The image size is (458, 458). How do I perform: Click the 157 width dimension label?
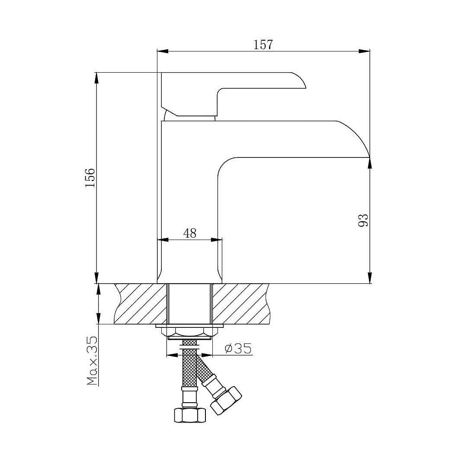click(263, 45)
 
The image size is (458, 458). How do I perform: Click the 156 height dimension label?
click(90, 178)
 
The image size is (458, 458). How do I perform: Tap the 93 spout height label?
click(363, 220)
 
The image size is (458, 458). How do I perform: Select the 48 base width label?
click(190, 233)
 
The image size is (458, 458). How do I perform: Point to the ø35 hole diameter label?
click(238, 348)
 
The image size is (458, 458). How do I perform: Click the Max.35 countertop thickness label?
click(92, 361)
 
